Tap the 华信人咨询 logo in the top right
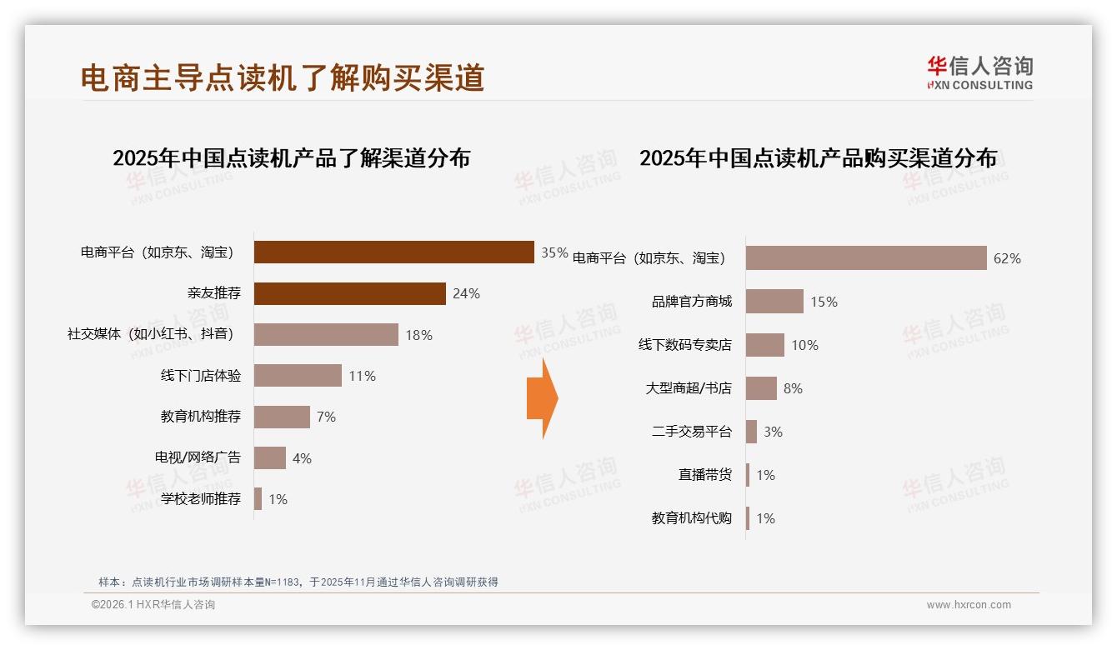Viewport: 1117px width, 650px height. [979, 72]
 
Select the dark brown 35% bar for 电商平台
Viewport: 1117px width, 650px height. [393, 252]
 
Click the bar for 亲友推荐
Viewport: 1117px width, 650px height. [349, 293]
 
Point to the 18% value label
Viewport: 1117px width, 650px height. [418, 335]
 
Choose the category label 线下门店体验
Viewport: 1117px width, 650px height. [201, 376]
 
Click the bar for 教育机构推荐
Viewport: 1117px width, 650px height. [282, 417]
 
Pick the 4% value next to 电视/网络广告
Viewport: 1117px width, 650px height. [302, 458]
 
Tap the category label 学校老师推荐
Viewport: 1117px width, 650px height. [201, 499]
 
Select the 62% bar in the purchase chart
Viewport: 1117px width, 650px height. [866, 258]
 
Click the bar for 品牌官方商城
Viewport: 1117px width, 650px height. [774, 302]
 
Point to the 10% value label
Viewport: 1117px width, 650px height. [804, 345]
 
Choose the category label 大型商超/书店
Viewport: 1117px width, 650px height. [689, 388]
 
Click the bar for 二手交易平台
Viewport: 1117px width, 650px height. [751, 432]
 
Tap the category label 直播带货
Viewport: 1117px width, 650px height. [705, 475]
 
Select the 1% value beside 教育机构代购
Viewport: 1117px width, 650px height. [765, 518]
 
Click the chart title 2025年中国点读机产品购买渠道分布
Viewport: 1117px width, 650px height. [818, 158]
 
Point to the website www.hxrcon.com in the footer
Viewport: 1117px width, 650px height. [969, 605]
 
